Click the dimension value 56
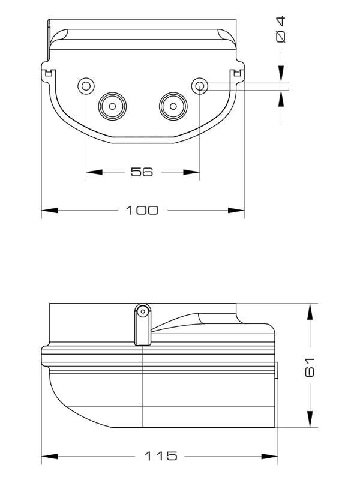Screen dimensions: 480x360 tap(142, 172)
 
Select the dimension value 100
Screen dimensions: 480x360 tap(142, 211)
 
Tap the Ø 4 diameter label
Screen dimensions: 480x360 tap(281, 29)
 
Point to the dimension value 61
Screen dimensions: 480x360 tap(310, 365)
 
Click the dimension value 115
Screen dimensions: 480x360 tap(161, 456)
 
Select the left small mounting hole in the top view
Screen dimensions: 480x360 tap(86, 86)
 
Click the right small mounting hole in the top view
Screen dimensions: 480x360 tap(199, 86)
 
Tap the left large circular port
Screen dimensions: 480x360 tap(112, 107)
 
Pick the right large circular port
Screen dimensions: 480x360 tap(173, 107)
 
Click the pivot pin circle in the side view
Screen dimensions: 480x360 tap(142, 311)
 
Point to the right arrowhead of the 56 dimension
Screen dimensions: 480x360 tap(191, 172)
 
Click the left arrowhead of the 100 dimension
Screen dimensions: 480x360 tap(50, 211)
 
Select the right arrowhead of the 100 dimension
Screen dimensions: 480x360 tap(236, 211)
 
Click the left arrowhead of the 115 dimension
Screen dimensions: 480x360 tap(50, 457)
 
